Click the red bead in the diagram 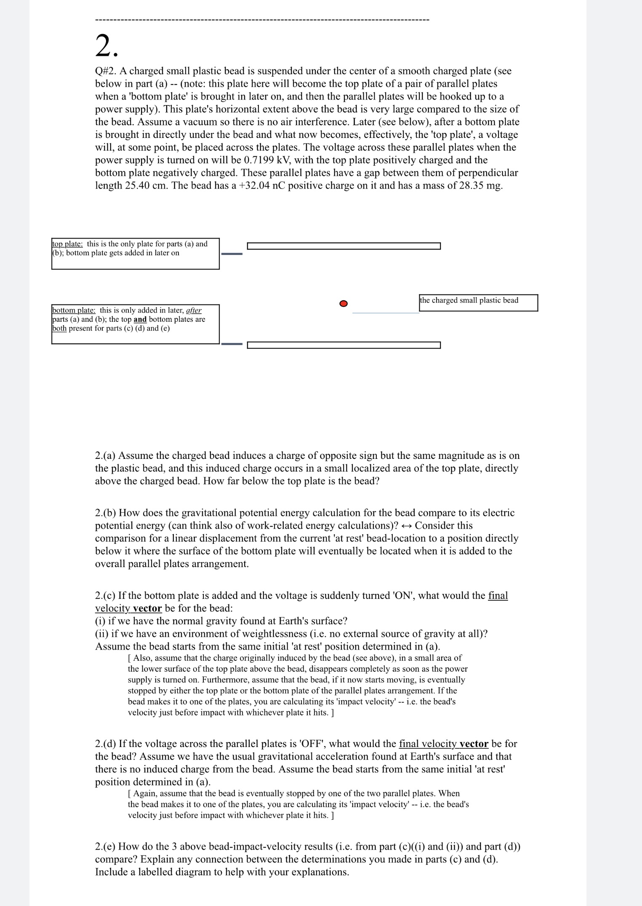point(344,303)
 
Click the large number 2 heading point(107,46)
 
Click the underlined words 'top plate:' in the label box point(67,244)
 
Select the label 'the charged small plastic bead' point(469,300)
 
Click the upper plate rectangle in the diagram point(344,246)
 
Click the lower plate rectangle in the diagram point(344,345)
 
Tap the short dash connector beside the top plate point(232,254)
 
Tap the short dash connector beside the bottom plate point(232,344)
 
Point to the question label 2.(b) point(106,513)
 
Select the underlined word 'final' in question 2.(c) point(498,596)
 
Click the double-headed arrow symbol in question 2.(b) point(407,526)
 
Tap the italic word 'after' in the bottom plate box point(194,310)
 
